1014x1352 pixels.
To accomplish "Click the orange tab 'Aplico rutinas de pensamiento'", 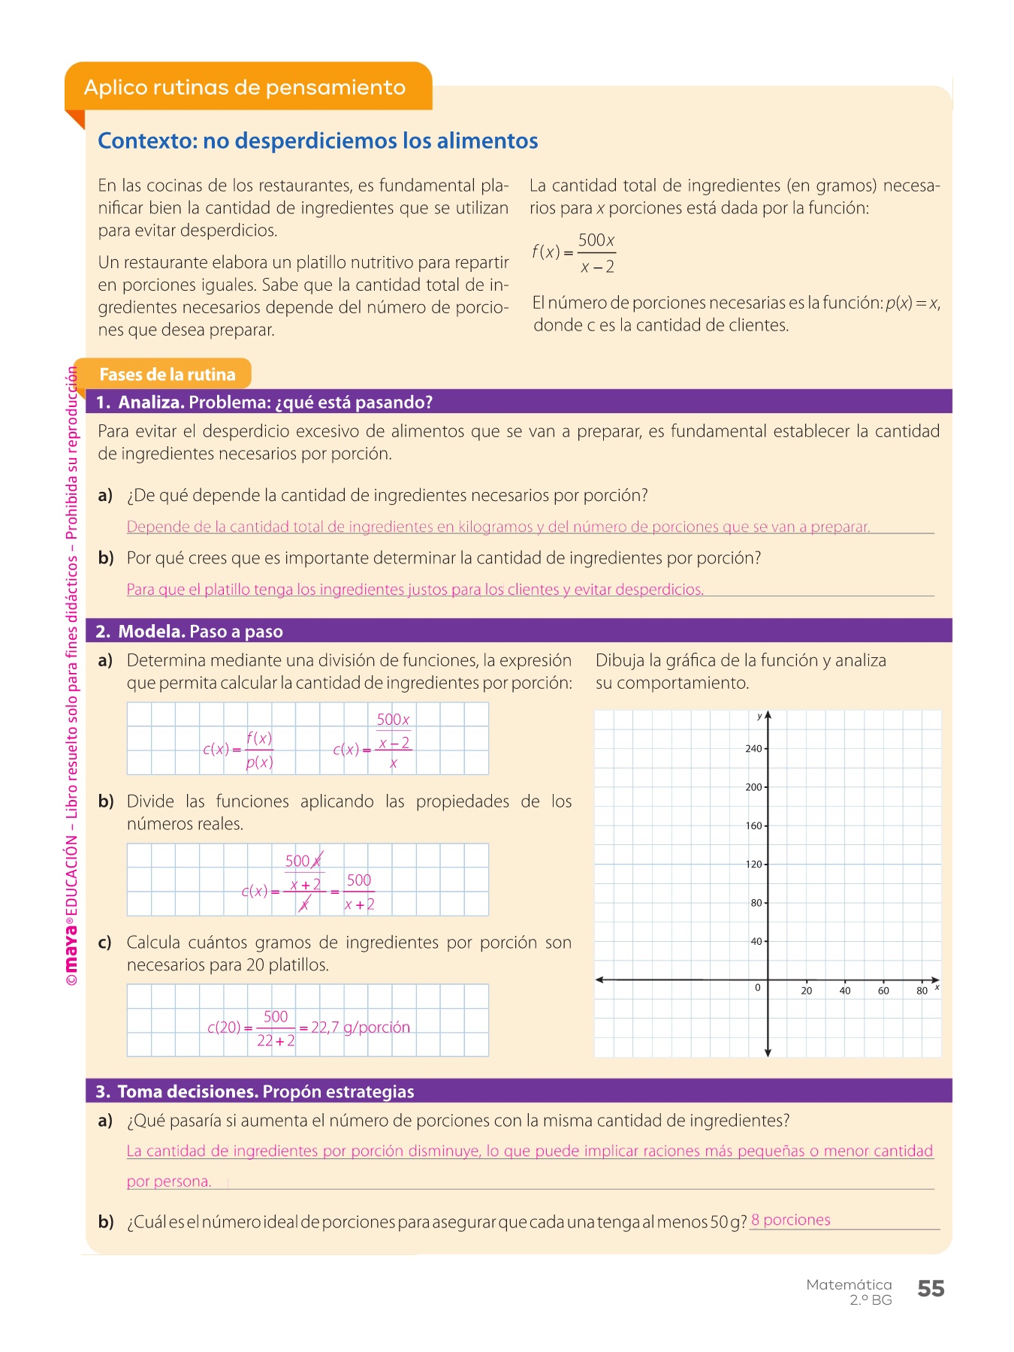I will click(x=245, y=87).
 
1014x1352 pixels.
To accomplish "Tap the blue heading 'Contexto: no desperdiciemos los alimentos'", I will click(x=318, y=140).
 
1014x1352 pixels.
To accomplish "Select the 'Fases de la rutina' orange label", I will click(x=167, y=374).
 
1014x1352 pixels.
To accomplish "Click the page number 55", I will click(x=931, y=1289).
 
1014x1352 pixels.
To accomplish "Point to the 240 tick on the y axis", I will click(x=753, y=748).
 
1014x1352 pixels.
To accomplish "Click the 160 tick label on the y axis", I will click(x=753, y=825).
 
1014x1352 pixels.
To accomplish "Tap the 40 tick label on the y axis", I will click(x=756, y=941).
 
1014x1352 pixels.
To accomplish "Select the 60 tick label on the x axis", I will click(x=883, y=991).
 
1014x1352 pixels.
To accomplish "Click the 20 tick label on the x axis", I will click(x=806, y=991).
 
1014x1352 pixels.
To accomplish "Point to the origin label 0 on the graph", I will click(x=757, y=988).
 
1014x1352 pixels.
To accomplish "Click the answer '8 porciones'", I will click(x=790, y=1220).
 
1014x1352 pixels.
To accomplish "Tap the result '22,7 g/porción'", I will click(x=361, y=1027).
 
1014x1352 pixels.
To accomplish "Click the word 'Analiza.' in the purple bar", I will click(x=151, y=402).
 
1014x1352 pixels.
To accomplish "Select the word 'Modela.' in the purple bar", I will click(x=151, y=632).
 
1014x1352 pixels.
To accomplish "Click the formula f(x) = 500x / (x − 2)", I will click(x=574, y=253).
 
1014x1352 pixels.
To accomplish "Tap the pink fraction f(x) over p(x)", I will click(x=259, y=750).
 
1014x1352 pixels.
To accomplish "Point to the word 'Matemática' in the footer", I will click(x=849, y=1284).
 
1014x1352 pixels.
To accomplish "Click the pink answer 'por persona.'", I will click(x=169, y=1181).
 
